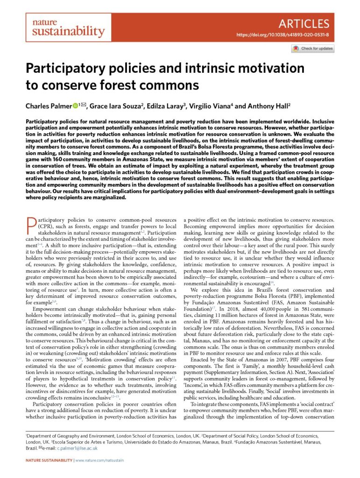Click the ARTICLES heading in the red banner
pyautogui.click(x=306, y=23)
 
